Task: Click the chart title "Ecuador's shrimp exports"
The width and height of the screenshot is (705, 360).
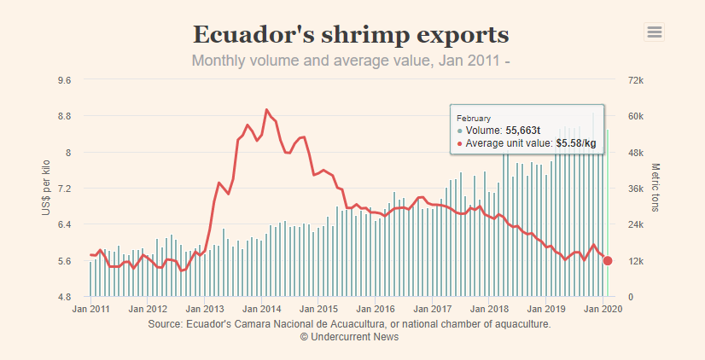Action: click(351, 35)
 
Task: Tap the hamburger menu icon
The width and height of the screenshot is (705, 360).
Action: click(655, 32)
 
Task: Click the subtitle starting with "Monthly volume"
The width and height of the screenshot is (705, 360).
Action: click(351, 61)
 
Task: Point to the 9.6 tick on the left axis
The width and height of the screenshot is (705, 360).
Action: click(64, 80)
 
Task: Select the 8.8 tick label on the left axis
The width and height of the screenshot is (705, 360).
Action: click(64, 116)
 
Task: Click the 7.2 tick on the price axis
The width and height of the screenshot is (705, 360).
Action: click(64, 189)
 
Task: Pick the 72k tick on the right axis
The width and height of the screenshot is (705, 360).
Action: click(641, 80)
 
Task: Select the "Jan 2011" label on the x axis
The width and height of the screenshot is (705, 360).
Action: click(90, 309)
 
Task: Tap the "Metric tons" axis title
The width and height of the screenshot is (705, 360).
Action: click(655, 189)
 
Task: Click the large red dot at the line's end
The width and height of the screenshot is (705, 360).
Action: click(608, 260)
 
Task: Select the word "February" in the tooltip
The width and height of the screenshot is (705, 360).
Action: click(474, 117)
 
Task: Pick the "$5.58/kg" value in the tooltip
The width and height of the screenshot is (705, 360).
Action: click(576, 142)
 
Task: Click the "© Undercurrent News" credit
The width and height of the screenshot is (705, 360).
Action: click(349, 337)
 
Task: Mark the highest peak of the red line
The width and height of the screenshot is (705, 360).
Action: click(267, 109)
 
